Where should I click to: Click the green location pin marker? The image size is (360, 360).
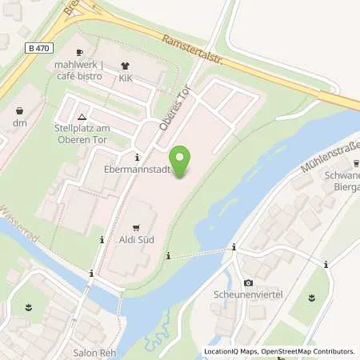[182, 162]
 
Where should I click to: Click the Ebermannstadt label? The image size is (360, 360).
[138, 170]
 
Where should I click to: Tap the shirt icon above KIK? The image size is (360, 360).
[125, 66]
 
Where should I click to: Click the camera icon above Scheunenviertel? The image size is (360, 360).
[248, 283]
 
